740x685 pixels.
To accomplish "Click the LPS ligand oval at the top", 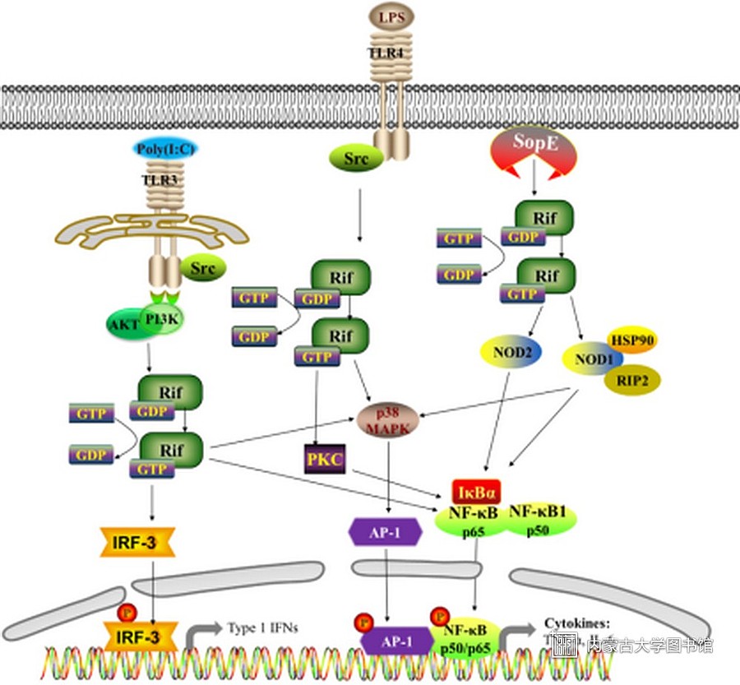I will click(391, 16).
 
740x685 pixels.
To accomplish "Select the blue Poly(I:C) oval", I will click(165, 149).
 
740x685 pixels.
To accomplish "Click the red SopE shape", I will click(534, 146).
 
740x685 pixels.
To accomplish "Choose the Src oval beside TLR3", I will click(202, 268).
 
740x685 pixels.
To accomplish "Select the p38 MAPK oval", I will click(389, 420).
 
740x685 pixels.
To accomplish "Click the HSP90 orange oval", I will click(631, 339).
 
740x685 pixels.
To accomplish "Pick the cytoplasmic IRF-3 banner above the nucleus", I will click(140, 542).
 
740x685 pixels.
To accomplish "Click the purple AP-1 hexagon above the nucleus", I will click(385, 531).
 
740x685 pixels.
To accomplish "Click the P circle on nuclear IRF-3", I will click(126, 613).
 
